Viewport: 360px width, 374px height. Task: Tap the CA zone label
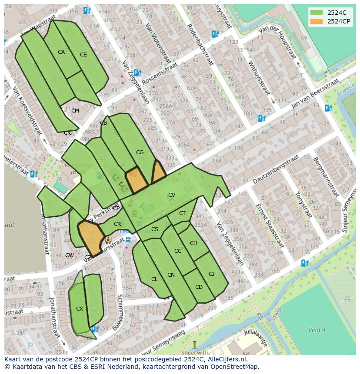coord(61,52)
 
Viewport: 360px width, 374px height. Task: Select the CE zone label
coord(83,55)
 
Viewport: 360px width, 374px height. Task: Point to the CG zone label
coord(140,152)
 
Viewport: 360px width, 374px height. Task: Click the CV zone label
coord(172,195)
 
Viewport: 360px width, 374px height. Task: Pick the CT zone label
coord(182,213)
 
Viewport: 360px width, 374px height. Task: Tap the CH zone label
coord(193,243)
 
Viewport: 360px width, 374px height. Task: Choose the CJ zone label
coord(212,274)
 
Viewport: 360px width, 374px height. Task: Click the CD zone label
coord(199,287)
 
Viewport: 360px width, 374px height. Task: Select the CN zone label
coord(171,275)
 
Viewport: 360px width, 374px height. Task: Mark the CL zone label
coord(154,279)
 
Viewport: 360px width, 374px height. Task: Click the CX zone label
coord(80,309)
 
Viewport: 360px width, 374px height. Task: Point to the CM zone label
coord(75,111)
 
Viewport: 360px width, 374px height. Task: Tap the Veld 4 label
coord(317,330)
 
